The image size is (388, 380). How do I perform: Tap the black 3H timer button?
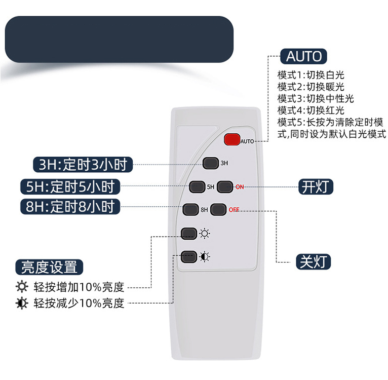click(210, 163)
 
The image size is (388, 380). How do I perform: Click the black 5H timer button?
click(197, 186)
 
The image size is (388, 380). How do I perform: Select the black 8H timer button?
click(190, 209)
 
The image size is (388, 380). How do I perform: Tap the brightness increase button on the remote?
click(189, 234)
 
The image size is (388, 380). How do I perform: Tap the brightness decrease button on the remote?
click(189, 256)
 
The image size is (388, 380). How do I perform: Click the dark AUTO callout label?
click(303, 56)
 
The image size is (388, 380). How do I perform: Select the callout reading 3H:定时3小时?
click(83, 164)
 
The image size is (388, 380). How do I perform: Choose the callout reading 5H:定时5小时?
click(70, 186)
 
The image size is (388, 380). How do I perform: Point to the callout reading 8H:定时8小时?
click(70, 206)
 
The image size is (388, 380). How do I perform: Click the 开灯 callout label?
click(316, 186)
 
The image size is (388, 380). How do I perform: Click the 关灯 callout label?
click(314, 261)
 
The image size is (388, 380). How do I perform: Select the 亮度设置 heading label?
click(49, 267)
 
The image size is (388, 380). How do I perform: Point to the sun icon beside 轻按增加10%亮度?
click(22, 287)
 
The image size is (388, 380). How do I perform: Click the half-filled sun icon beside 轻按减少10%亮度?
click(22, 303)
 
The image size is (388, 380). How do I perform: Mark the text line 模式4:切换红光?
click(311, 110)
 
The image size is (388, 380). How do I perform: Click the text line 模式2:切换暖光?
click(311, 87)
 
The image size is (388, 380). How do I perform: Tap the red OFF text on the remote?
click(234, 210)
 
